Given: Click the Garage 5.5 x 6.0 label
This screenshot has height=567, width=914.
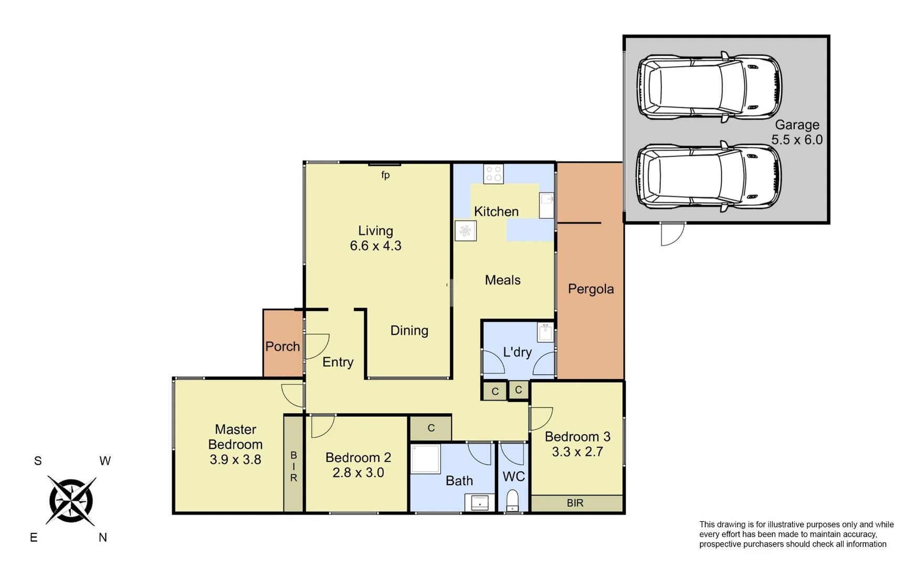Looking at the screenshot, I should tap(796, 132).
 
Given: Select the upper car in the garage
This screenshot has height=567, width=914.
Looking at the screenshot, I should tap(709, 87).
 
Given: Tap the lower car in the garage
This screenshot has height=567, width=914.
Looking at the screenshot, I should tap(709, 176).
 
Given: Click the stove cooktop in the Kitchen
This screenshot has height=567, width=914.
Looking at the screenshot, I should tap(493, 174).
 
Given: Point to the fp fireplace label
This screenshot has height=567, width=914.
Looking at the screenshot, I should tap(385, 175).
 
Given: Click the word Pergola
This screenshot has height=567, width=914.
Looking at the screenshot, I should tap(591, 289).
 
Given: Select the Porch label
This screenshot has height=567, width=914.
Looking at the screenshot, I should tap(282, 346).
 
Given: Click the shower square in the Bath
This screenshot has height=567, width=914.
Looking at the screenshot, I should tap(425, 459).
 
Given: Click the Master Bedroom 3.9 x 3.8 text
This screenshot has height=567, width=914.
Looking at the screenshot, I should tap(235, 444).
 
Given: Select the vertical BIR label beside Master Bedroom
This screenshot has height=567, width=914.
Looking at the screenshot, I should tap(293, 466).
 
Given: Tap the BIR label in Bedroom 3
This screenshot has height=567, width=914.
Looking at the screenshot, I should tap(575, 503).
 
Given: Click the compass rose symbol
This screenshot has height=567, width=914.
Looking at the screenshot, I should tap(71, 500).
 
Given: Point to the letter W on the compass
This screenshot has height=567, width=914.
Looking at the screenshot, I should tap(105, 461).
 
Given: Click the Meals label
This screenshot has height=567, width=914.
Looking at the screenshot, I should tap(502, 280).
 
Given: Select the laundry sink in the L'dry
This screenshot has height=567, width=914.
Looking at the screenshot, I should tap(545, 332).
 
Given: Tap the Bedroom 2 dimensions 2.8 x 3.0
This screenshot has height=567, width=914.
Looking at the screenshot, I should tap(358, 472).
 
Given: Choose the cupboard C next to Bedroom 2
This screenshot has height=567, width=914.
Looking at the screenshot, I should tap(430, 428).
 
